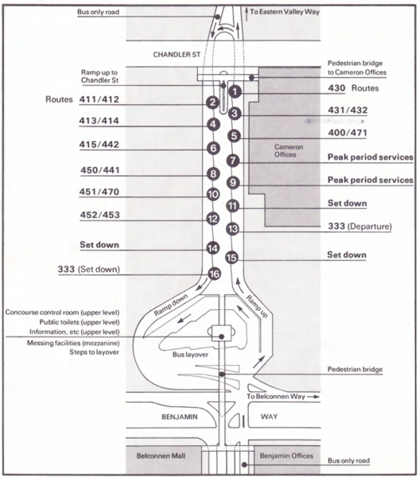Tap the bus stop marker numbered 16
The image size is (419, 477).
click(213, 274)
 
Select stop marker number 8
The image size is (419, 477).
click(213, 173)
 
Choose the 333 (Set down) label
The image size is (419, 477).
click(88, 269)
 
